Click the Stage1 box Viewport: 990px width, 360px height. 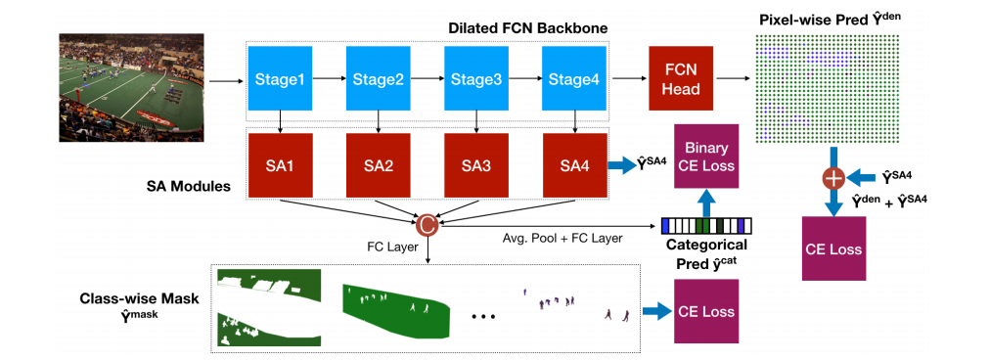pos(281,78)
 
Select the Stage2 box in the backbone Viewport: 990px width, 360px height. pos(378,78)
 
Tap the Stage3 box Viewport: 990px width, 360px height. pos(475,78)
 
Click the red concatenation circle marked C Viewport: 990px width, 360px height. pos(427,225)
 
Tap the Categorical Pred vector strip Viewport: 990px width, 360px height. pos(699,224)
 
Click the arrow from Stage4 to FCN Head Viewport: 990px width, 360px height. pos(627,78)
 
